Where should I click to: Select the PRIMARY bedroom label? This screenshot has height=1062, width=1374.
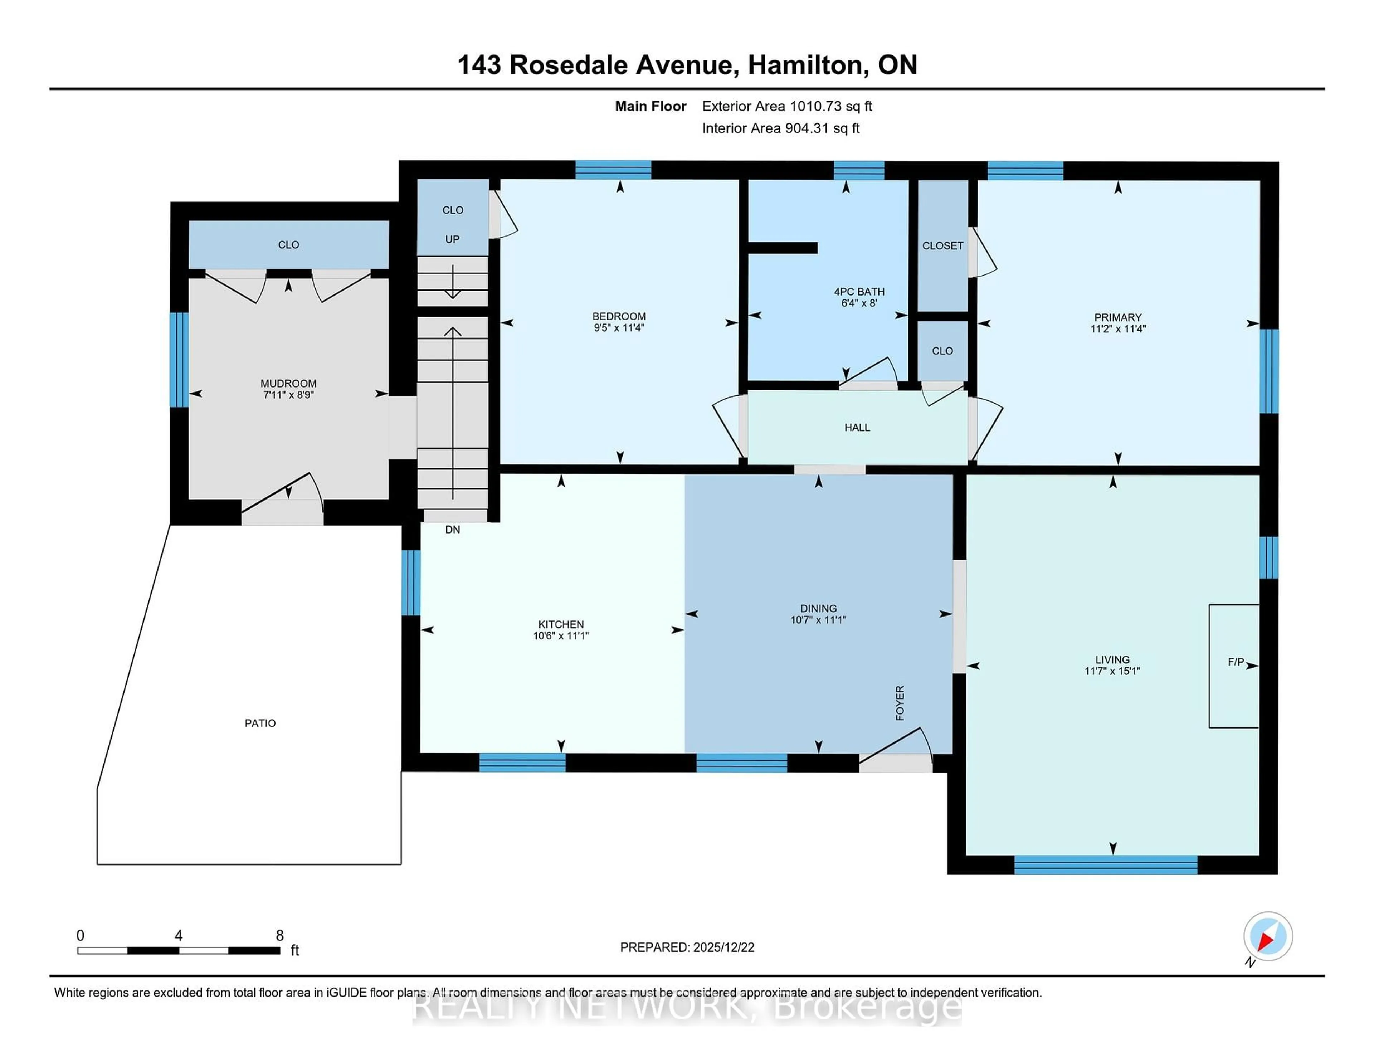point(1117,317)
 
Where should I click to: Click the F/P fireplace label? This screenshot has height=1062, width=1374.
point(1236,662)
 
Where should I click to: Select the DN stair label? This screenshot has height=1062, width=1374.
point(452,530)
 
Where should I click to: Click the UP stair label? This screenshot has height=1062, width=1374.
point(452,239)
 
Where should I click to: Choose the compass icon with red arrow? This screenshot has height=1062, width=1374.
point(1268,936)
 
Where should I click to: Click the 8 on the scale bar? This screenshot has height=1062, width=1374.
point(279,936)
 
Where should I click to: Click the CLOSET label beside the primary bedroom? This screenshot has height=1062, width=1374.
point(942,246)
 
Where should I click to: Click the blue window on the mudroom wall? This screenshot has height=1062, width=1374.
point(179,360)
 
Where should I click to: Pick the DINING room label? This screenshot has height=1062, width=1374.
point(818,608)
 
